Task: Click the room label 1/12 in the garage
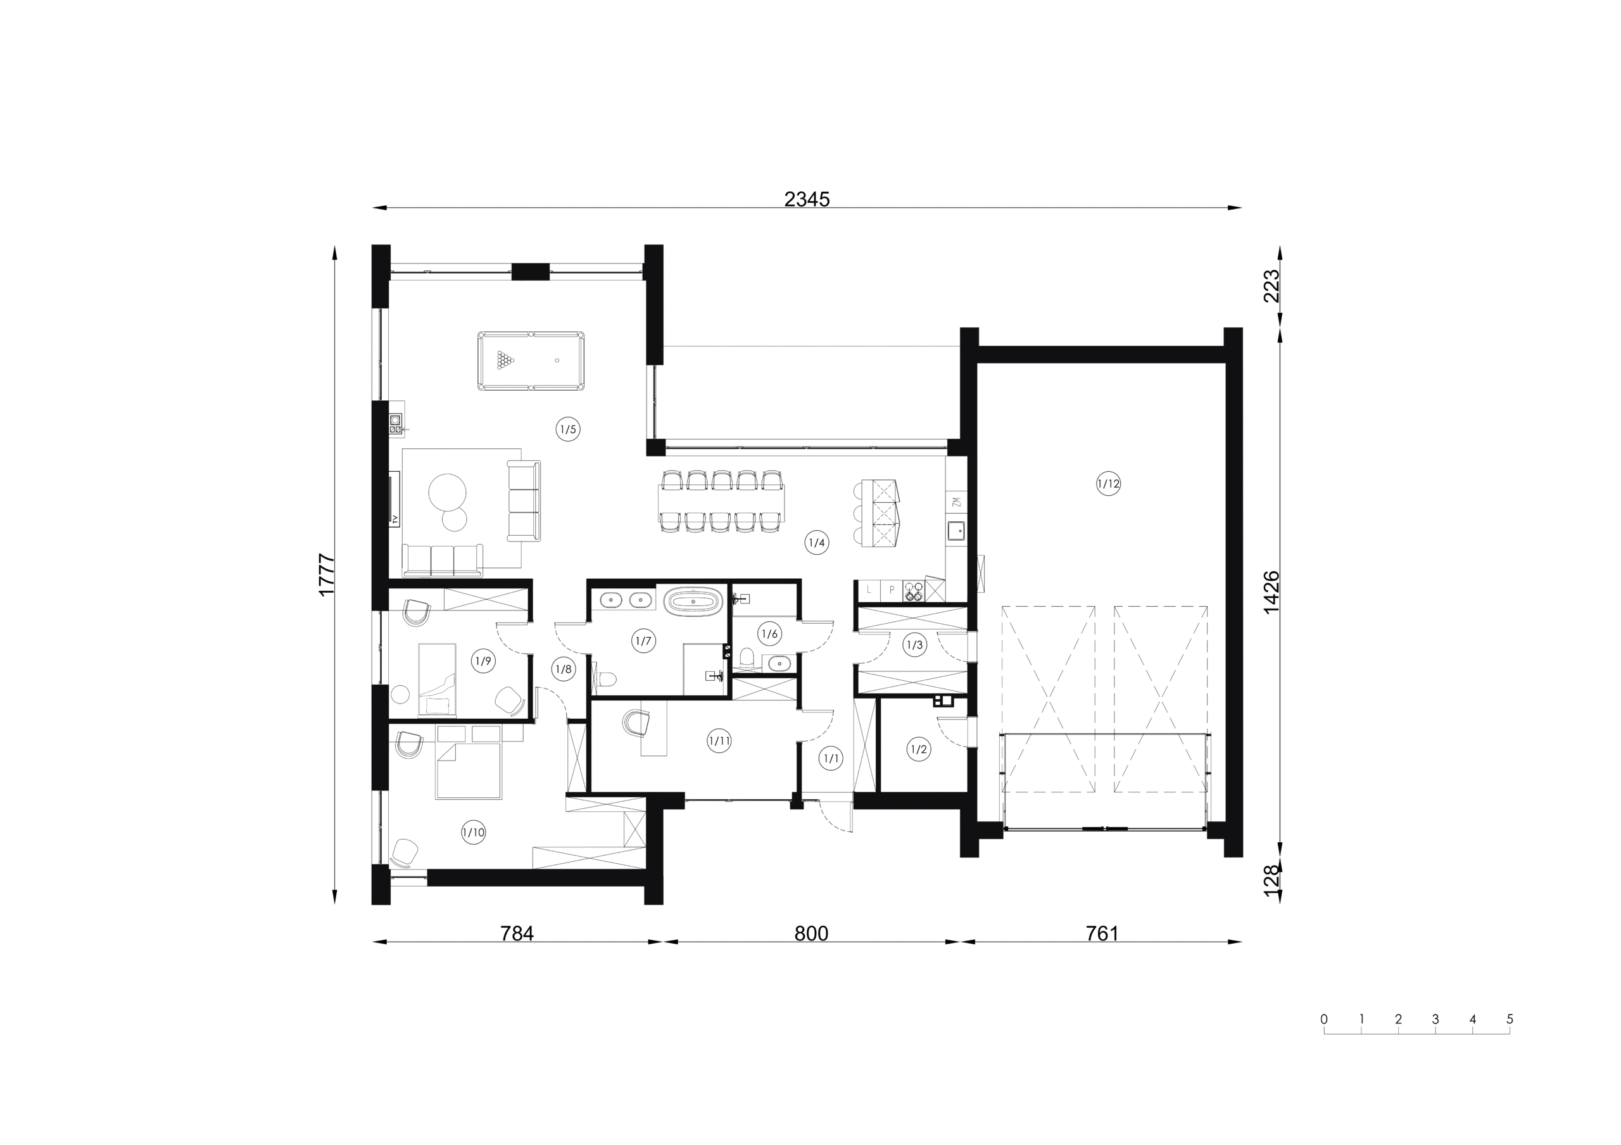pos(1109,484)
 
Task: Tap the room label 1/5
pos(569,429)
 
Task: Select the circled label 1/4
pos(817,543)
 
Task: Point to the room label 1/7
pos(643,641)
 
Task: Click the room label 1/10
pos(473,832)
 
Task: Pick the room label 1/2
pos(919,750)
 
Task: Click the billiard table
pos(531,361)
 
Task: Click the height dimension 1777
pos(326,574)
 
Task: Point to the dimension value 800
pos(811,934)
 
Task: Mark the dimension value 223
pos(1271,286)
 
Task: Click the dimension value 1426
pos(1271,592)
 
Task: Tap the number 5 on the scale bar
pos(1510,1020)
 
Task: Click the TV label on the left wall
pos(395,519)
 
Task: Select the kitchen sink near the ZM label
pos(956,530)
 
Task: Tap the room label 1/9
pos(483,661)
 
